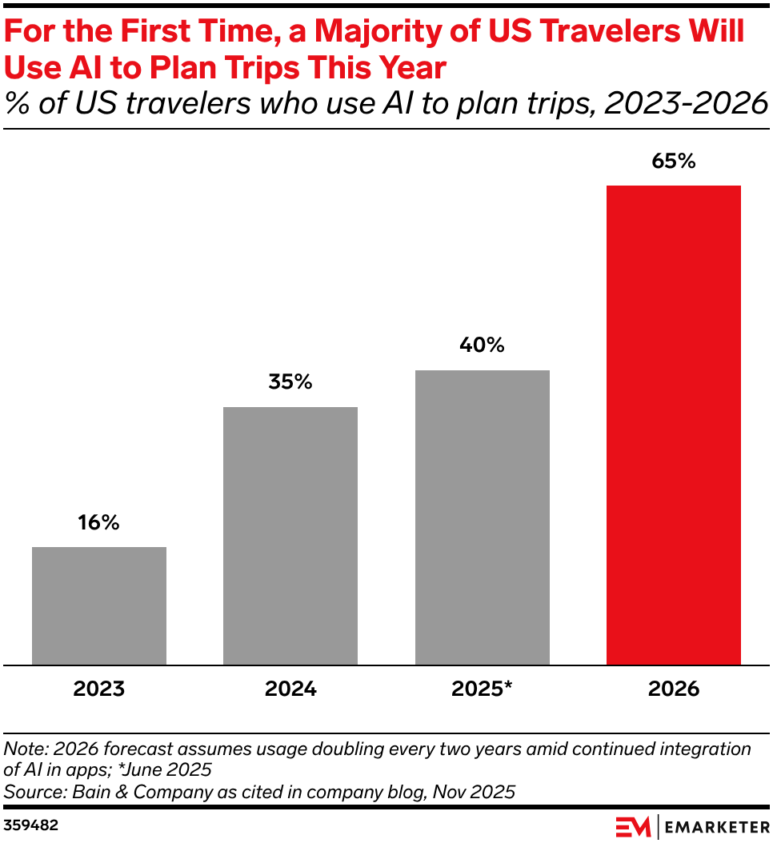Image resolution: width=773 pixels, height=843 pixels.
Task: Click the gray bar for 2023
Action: point(99,605)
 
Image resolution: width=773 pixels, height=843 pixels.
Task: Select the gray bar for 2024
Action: point(290,536)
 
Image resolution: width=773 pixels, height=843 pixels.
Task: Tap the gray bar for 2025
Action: point(482,517)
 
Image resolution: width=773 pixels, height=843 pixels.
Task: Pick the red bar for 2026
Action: point(673,425)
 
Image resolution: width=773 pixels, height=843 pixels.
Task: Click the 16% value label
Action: point(99,523)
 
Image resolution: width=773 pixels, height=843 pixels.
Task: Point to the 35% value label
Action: point(290,382)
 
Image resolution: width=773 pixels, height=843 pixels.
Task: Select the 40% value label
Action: point(482,346)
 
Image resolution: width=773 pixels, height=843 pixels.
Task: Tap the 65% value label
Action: point(673,161)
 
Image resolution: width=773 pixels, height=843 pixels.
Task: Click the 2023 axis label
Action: point(99,689)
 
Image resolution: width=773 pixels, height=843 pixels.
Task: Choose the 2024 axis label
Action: point(290,689)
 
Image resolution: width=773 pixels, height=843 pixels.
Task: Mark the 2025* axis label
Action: point(482,689)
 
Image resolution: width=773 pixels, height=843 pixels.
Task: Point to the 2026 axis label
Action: point(673,689)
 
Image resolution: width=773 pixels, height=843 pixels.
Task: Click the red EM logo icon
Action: point(633,826)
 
